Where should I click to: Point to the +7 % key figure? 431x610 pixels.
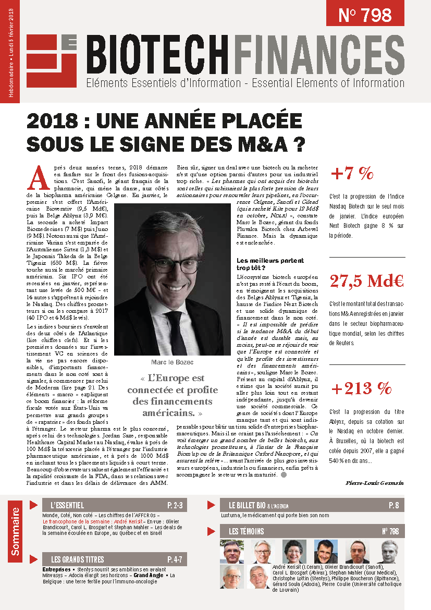click(352, 174)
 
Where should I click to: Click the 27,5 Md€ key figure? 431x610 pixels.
click(366, 281)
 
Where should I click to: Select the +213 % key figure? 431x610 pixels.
click(361, 388)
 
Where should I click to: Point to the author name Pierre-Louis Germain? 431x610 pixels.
click(375, 483)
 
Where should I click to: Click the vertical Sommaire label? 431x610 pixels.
click(16, 531)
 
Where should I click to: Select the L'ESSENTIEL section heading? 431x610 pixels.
click(67, 506)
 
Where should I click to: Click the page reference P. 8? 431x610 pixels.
click(393, 506)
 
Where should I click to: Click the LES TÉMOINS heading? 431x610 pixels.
click(247, 532)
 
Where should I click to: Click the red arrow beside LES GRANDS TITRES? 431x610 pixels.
click(33, 559)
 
